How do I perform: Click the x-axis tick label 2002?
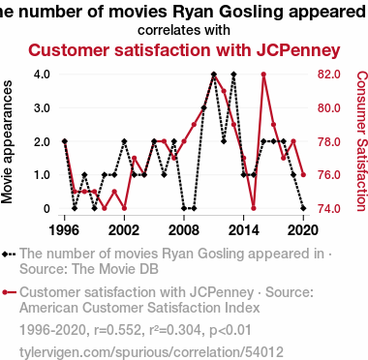point(124,230)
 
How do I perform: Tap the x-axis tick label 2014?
point(244,230)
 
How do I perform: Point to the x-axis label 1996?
point(65,230)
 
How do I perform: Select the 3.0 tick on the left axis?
point(42,107)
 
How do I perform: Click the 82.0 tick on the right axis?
point(329,75)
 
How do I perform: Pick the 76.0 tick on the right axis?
point(329,175)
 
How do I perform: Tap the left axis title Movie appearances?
point(7,142)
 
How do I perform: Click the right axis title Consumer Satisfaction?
point(362,141)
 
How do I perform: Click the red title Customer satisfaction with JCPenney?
point(184,50)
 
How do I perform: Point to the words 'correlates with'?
point(184,30)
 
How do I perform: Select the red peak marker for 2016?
point(263,75)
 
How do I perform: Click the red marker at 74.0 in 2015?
point(254,208)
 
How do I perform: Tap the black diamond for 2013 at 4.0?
point(233,75)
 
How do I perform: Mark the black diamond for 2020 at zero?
point(303,208)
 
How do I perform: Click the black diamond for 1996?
point(65,141)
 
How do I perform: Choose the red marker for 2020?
point(303,175)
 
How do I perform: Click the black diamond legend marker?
point(5,255)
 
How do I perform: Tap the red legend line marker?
point(9,292)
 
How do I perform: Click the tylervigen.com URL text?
point(151,352)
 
